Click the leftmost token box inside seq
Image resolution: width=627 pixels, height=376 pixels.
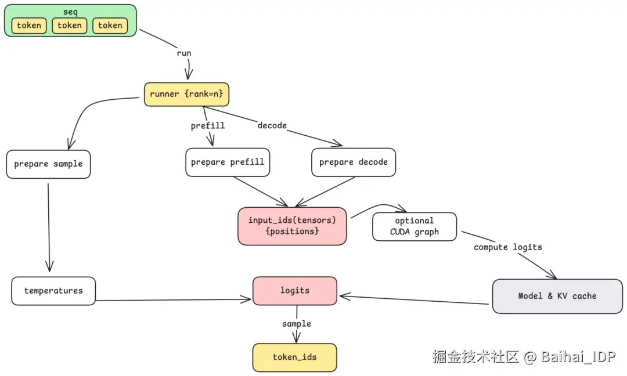tap(29, 26)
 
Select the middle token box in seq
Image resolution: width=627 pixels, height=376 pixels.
tap(70, 26)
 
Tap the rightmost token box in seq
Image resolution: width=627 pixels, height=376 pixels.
tap(110, 26)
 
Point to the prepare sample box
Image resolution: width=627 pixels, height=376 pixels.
tap(48, 164)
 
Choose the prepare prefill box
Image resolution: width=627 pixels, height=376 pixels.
tap(228, 162)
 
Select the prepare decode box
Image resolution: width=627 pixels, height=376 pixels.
tap(354, 162)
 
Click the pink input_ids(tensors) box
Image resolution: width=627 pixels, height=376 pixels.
tap(292, 226)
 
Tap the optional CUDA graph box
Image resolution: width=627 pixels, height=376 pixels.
tap(415, 226)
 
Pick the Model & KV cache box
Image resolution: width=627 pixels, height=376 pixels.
tap(557, 296)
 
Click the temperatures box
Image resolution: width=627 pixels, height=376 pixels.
tap(53, 291)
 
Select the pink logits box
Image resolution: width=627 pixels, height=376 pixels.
tap(295, 290)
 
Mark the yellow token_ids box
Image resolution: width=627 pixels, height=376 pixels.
tap(295, 357)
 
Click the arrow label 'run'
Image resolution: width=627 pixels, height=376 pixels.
tap(184, 53)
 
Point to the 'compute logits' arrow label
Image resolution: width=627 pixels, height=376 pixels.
tap(508, 247)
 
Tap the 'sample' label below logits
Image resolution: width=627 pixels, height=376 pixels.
tap(297, 324)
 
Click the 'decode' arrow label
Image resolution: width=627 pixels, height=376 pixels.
tap(272, 125)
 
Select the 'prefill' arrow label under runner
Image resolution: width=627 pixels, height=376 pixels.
tap(208, 126)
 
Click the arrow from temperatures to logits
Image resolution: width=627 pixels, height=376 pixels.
tap(174, 300)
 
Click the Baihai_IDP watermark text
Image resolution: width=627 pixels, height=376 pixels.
tap(578, 357)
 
